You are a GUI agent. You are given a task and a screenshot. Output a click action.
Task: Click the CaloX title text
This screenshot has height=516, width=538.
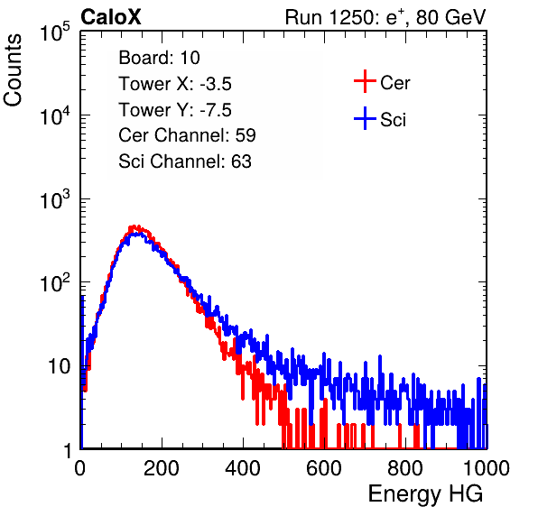pos(110,17)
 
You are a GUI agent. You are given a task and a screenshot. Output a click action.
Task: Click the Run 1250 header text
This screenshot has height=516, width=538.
pos(385,17)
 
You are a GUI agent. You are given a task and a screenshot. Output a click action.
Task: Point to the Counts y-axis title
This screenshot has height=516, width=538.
pos(13,70)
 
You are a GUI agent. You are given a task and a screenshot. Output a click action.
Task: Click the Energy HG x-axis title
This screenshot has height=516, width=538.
pos(425,494)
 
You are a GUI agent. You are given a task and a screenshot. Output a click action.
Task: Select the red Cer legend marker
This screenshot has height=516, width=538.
pos(365,81)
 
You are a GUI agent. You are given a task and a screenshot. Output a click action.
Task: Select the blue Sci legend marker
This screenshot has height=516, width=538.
pos(365,118)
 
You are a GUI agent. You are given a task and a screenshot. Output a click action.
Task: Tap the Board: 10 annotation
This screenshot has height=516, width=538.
pos(159,57)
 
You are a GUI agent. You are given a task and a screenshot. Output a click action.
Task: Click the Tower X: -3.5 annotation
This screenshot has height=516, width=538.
pos(175,84)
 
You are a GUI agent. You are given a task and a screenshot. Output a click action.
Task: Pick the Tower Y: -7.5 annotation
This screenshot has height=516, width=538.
pos(175,110)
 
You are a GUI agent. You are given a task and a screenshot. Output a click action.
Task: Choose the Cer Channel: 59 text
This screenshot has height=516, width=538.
pos(187,135)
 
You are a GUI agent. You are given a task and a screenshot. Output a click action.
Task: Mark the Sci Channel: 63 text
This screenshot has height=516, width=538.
pos(185,161)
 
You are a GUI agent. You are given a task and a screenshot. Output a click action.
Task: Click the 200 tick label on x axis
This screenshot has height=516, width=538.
pos(162,468)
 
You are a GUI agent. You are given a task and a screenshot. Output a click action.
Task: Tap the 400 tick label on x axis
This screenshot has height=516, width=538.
pos(243,468)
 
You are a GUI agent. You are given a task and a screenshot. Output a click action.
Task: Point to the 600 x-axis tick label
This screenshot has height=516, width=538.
pos(324,468)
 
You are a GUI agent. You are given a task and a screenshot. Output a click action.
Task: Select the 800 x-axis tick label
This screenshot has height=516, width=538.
pos(405,468)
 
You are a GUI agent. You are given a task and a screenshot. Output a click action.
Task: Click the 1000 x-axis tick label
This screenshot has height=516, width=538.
pos(487,468)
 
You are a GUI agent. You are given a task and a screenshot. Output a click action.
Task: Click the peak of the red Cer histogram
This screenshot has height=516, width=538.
pos(135,226)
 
